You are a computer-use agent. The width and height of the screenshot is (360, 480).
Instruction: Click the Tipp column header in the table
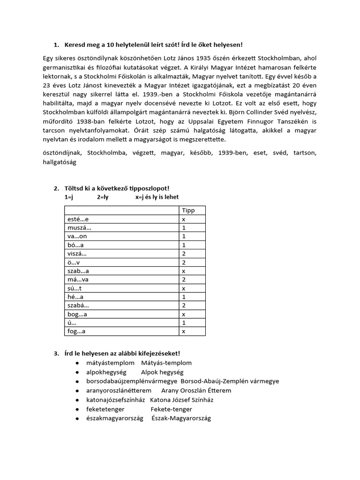188,210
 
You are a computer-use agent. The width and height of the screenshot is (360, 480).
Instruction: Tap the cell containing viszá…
77,254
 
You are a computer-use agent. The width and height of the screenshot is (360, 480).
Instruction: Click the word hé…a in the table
75,297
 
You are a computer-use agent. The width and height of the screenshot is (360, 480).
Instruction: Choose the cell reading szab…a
78,271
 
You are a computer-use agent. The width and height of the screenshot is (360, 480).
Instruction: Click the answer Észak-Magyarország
181,418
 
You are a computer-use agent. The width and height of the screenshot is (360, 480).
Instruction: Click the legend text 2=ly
103,197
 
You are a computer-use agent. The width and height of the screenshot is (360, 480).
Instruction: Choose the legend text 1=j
70,197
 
